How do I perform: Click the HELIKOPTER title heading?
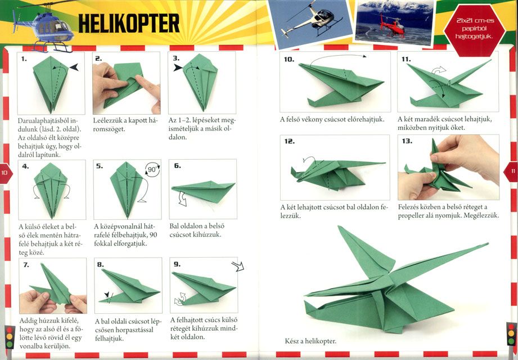point(129,24)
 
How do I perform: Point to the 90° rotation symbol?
point(152,170)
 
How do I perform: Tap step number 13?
point(407,141)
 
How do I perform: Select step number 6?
point(177,165)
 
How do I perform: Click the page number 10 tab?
point(6,173)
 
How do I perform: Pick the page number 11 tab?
point(512,172)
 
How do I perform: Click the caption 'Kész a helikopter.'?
point(310,341)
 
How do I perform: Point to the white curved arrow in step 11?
point(439,70)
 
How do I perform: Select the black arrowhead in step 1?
point(74,67)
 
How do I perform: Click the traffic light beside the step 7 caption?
point(9,337)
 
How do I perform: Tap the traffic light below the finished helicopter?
point(511,334)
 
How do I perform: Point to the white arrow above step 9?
point(238,266)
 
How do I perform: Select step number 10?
point(289,59)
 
